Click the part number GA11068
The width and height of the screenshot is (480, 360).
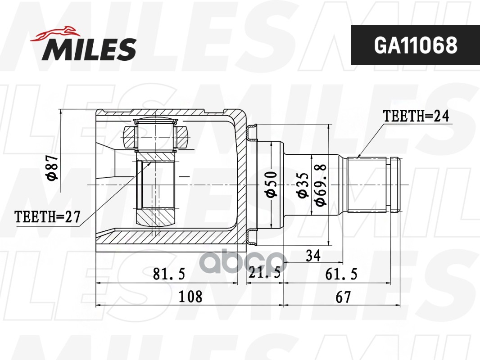[x=415, y=45]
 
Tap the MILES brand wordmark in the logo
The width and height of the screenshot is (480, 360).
[x=89, y=49]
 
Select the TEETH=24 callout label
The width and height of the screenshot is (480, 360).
[x=416, y=116]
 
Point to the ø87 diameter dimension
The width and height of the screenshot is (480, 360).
[x=53, y=167]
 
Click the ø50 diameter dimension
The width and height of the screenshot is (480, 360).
[x=271, y=184]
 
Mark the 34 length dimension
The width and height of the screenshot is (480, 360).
[x=312, y=256]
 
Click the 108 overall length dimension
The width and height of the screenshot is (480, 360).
[x=190, y=297]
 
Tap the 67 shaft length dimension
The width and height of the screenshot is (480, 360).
[x=343, y=297]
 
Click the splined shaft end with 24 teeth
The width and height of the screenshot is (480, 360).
[x=367, y=184]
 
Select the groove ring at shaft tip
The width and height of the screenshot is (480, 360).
[x=395, y=184]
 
